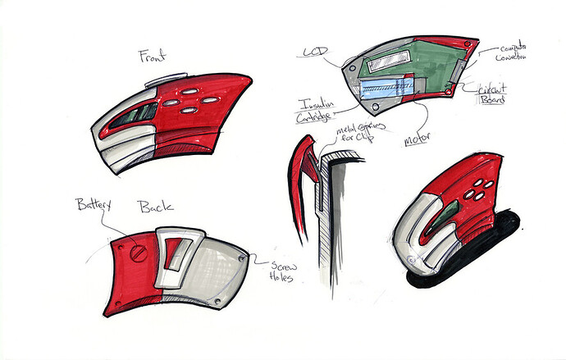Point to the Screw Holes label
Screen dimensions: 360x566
(x=282, y=270)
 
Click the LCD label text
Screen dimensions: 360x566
(x=316, y=52)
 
